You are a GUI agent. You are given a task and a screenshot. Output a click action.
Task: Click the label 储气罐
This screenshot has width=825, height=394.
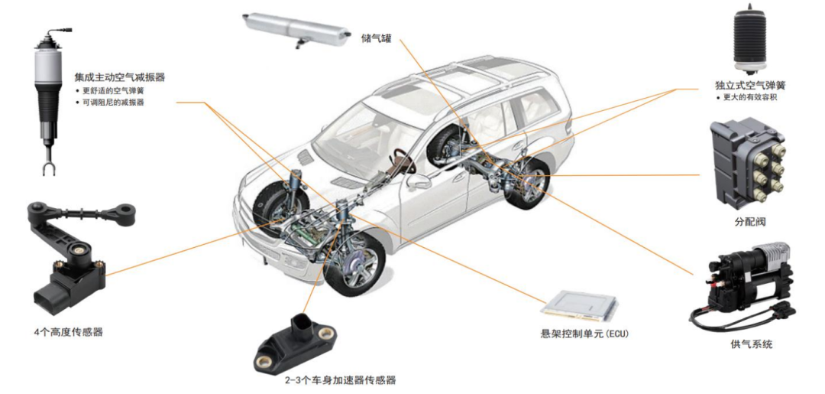377,38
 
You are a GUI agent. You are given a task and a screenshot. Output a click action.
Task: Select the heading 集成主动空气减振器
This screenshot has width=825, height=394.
120,77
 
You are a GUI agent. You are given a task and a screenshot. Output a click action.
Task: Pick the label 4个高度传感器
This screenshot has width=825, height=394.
68,332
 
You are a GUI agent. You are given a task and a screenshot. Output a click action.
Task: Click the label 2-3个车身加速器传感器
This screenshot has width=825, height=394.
341,380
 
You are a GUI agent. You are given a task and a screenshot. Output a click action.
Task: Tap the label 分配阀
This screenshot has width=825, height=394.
750,223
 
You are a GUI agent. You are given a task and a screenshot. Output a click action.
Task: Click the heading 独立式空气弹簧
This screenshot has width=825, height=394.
750,86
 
